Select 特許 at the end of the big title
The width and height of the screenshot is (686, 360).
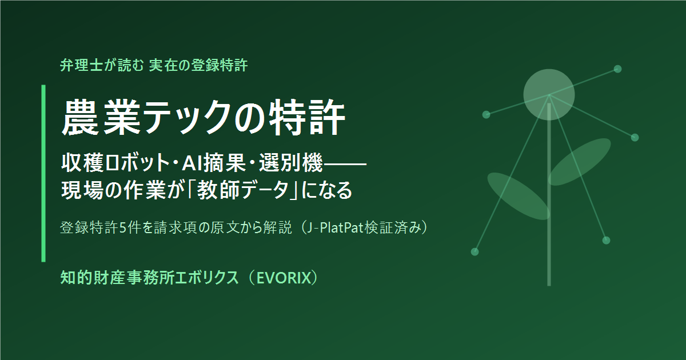coord(307,117)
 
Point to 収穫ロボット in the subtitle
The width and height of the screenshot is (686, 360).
coord(115,162)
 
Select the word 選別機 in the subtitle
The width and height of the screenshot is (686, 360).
coord(291,162)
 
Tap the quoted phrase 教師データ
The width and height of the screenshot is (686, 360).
coord(242,190)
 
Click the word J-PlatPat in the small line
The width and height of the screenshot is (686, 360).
coord(335,228)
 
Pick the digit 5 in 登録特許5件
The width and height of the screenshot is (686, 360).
coord(123,228)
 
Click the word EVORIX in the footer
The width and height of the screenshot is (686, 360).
coord(284,278)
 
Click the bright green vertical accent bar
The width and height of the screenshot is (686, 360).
coord(43,173)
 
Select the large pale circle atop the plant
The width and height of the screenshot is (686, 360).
coord(549,95)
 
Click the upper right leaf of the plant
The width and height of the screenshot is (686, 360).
coord(580,162)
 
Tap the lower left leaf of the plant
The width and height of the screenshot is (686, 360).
coord(519,196)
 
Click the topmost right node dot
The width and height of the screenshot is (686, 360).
coord(618,69)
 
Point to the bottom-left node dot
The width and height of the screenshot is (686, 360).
coord(474,251)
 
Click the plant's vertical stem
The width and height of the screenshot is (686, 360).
coord(549,194)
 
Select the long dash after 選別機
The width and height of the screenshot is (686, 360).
coord(345,164)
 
